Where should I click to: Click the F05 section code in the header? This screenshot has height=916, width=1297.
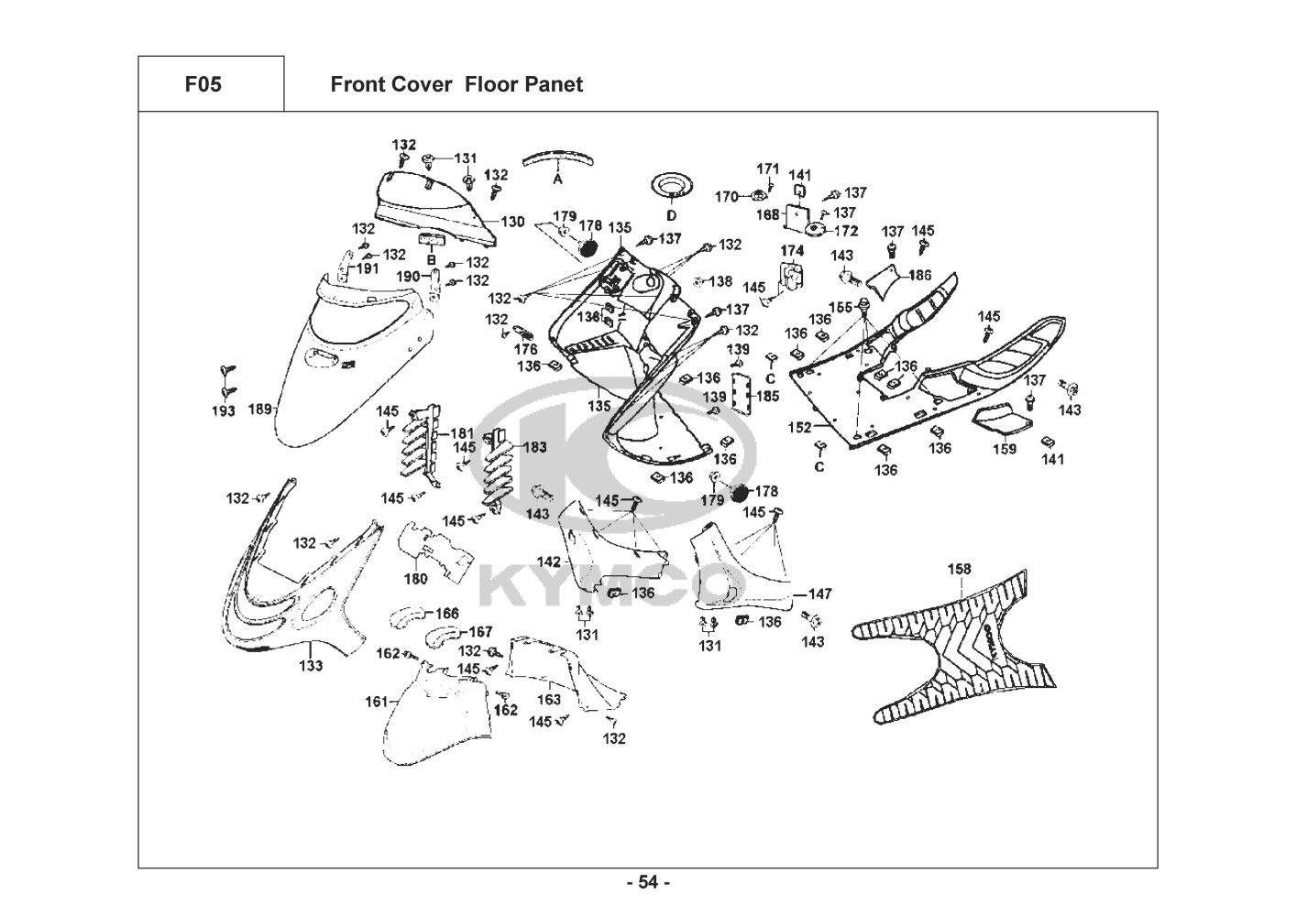[203, 85]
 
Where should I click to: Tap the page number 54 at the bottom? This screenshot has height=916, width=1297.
[648, 883]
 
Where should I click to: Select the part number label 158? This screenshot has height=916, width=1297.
[959, 569]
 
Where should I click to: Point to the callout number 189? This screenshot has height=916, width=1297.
[260, 409]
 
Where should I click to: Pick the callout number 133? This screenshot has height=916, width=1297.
[311, 666]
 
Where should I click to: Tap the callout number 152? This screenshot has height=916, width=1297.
[800, 428]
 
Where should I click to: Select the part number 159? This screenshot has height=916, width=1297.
[1005, 449]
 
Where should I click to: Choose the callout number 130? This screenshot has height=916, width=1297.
[512, 222]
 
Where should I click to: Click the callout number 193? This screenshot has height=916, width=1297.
[224, 411]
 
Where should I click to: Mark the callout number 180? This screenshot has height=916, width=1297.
[415, 578]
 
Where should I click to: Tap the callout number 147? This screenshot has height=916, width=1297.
[819, 594]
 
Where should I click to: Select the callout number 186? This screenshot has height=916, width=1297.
[919, 275]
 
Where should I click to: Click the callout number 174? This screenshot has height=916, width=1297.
[792, 250]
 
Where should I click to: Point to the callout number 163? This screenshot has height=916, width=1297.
[548, 700]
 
